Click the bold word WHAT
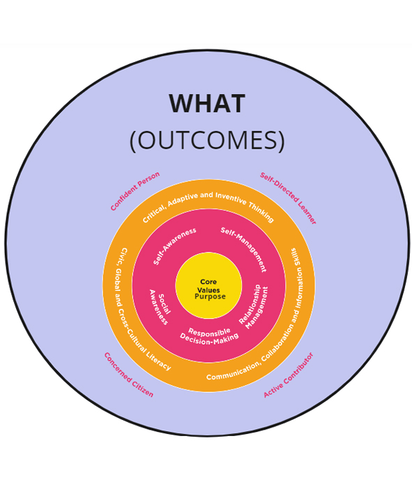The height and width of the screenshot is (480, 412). [x=207, y=103]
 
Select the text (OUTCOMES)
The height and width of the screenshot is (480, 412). [x=207, y=140]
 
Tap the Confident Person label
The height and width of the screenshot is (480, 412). [x=135, y=191]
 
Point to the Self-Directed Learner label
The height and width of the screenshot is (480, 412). [x=288, y=198]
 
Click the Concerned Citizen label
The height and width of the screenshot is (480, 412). [x=128, y=375]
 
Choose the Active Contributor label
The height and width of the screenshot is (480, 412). [x=289, y=375]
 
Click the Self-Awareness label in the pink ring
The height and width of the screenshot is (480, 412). [x=174, y=246]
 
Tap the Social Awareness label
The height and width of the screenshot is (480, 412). [x=160, y=307]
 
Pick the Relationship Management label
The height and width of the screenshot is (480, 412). [x=254, y=307]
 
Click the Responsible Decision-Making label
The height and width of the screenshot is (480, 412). [x=209, y=336]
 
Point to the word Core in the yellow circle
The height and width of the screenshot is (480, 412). [x=208, y=282]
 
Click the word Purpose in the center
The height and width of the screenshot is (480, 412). [x=210, y=297]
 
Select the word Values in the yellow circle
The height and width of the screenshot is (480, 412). [x=208, y=290]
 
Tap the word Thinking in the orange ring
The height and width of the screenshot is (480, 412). [x=261, y=212]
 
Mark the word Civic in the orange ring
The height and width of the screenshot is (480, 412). [x=123, y=255]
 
